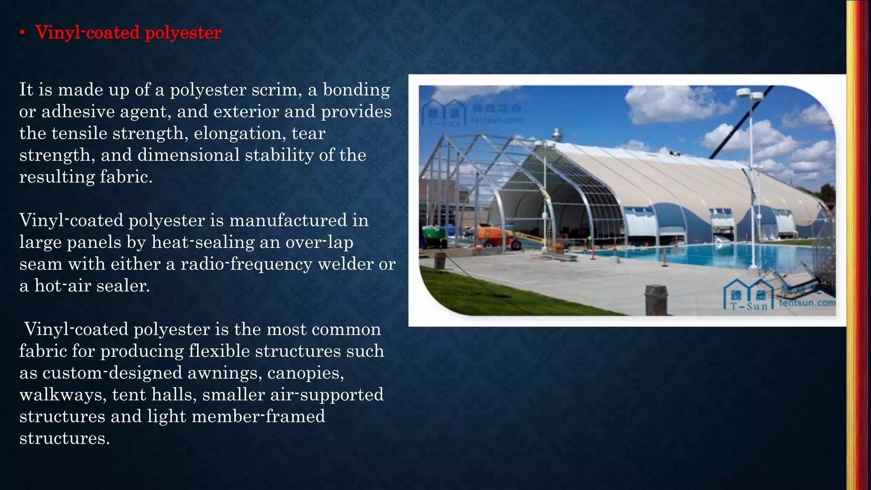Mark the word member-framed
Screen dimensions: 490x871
(x=258, y=416)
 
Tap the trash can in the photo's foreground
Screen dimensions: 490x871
(x=656, y=300)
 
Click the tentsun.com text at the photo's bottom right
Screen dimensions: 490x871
(x=807, y=303)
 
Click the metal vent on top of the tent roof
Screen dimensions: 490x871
(x=556, y=135)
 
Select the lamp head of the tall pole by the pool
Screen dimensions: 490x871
(x=750, y=94)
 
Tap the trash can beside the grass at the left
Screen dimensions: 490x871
(x=440, y=260)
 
